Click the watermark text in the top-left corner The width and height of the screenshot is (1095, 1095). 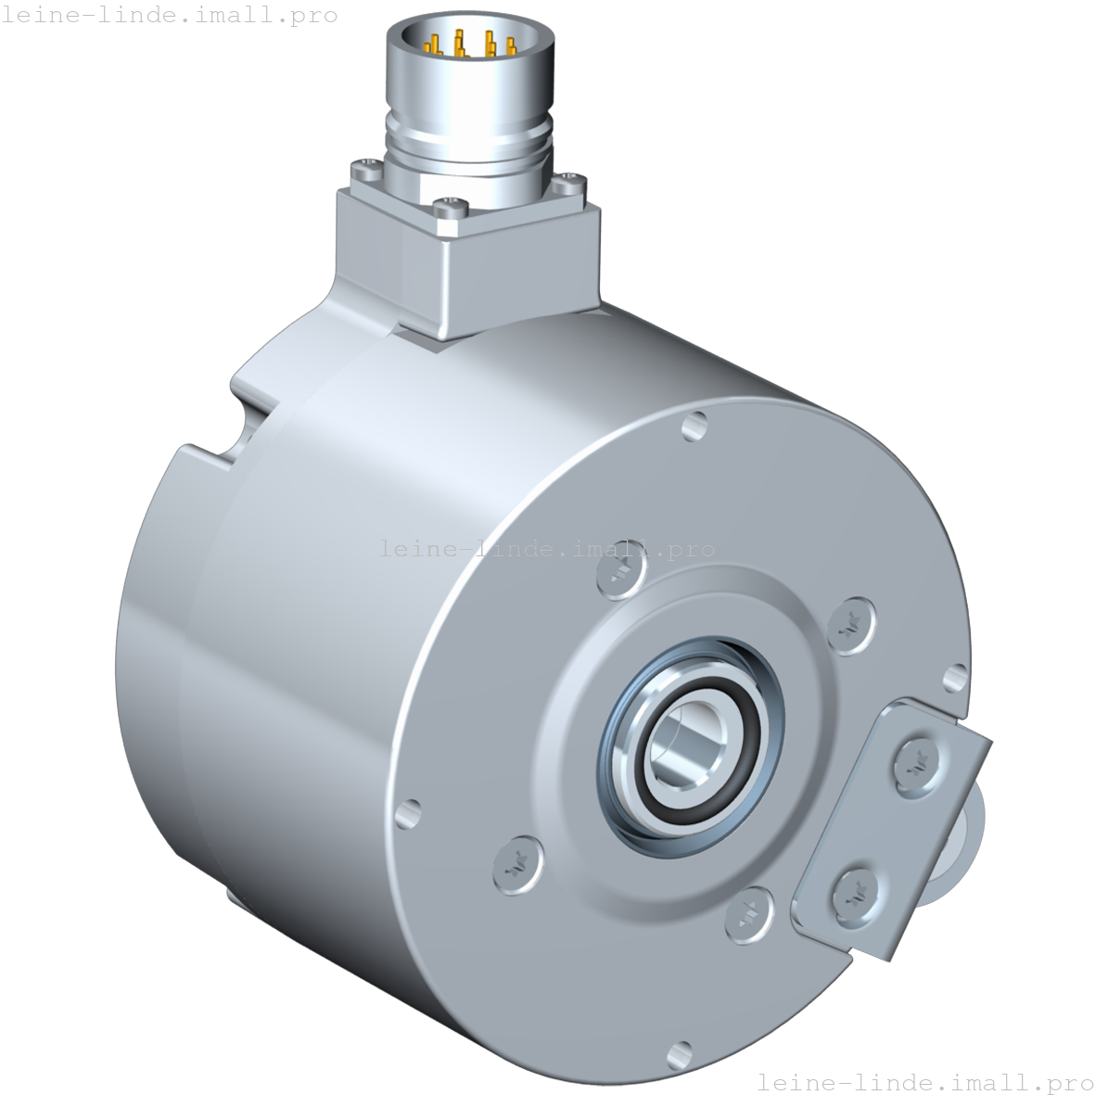(169, 15)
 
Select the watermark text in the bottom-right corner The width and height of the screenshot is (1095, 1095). (924, 1081)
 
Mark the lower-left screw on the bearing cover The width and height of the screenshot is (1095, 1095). (515, 864)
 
